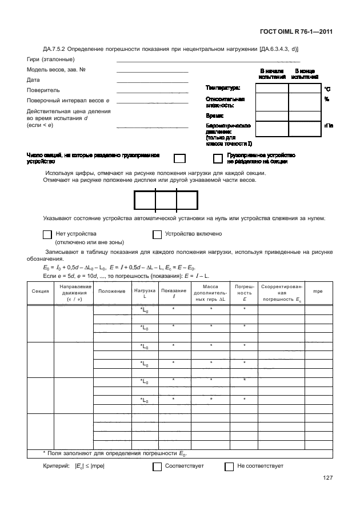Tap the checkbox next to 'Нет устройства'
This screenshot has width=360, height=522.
(x=47, y=234)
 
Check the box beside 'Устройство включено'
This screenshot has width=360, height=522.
(x=157, y=234)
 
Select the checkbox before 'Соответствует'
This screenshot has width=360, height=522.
(x=157, y=466)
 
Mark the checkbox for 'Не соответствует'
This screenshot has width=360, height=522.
(x=229, y=466)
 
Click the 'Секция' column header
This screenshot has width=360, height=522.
(x=40, y=291)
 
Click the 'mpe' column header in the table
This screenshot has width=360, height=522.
(x=318, y=291)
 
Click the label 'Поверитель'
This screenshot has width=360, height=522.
(x=43, y=90)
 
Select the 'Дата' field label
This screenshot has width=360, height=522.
(x=33, y=80)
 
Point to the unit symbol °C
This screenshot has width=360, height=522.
(x=327, y=89)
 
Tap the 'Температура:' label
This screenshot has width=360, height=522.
(x=223, y=88)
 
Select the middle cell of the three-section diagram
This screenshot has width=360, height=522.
(x=166, y=201)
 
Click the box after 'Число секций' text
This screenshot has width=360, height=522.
(x=179, y=158)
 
